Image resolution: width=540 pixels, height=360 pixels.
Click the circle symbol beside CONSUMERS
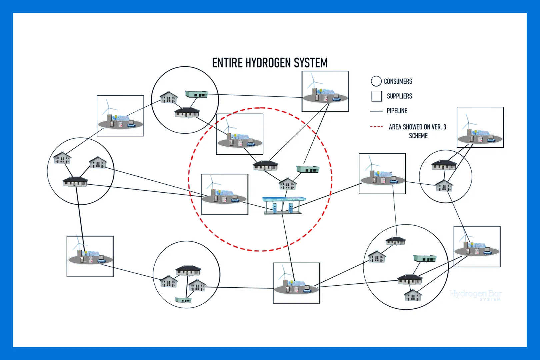click(x=376, y=81)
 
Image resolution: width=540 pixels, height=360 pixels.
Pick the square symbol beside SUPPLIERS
click(x=377, y=96)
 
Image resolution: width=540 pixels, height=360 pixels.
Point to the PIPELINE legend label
click(x=397, y=111)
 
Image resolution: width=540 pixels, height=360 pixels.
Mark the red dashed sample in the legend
click(x=376, y=127)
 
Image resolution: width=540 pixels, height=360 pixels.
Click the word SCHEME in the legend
click(x=418, y=136)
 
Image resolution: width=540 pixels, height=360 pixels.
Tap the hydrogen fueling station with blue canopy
click(x=283, y=205)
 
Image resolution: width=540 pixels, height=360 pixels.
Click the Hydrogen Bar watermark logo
click(x=476, y=295)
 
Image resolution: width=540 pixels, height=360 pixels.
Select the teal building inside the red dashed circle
click(x=308, y=169)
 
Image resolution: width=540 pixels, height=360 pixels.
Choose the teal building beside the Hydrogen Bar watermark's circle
click(x=425, y=258)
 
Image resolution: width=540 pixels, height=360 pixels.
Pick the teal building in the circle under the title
click(x=196, y=94)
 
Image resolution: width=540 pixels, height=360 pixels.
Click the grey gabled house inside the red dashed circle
click(x=287, y=184)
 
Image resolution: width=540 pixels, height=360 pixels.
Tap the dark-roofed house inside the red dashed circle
click(x=265, y=165)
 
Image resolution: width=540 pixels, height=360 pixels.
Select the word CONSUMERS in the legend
click(x=398, y=81)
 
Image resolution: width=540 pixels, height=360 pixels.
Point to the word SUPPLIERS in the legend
click(x=399, y=96)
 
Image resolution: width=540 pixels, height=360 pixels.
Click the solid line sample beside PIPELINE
click(x=376, y=111)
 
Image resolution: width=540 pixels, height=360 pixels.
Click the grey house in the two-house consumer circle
click(x=444, y=186)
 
